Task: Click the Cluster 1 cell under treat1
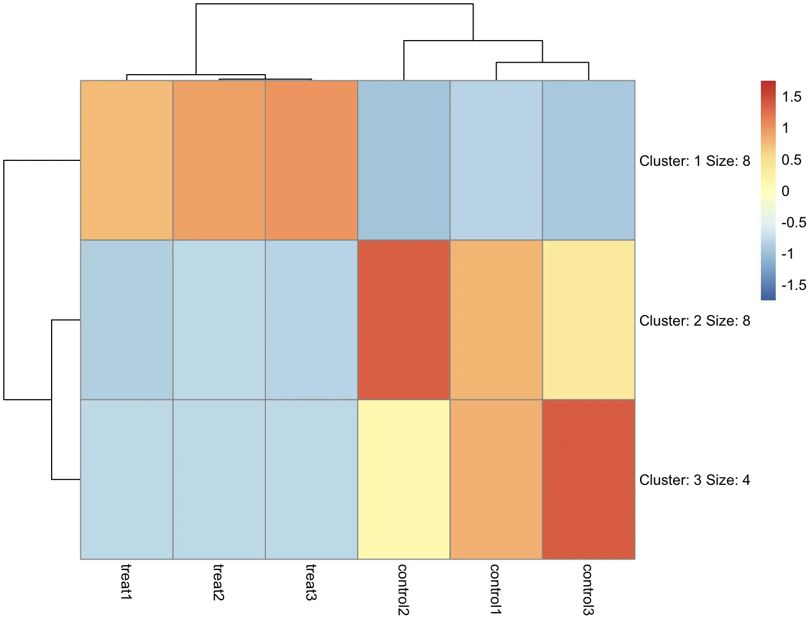tap(126, 160)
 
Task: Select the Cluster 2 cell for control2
tap(404, 320)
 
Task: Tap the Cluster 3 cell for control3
tap(588, 479)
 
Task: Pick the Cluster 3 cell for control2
tap(404, 479)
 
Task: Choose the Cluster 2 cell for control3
tap(588, 320)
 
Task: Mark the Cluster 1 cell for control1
tap(496, 160)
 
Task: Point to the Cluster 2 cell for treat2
tap(219, 320)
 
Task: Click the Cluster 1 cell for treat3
tap(312, 160)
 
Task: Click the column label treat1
tap(126, 582)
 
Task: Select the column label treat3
tap(312, 582)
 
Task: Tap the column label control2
tap(404, 589)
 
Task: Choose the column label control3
tap(588, 589)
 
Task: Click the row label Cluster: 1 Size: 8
tap(694, 161)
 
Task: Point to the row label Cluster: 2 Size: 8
tap(694, 321)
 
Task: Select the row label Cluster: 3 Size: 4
tap(694, 480)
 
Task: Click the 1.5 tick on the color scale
tap(792, 97)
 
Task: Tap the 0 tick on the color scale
tap(785, 191)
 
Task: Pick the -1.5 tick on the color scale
tap(794, 285)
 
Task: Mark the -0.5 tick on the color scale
tap(794, 222)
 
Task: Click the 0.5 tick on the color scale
tap(792, 160)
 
